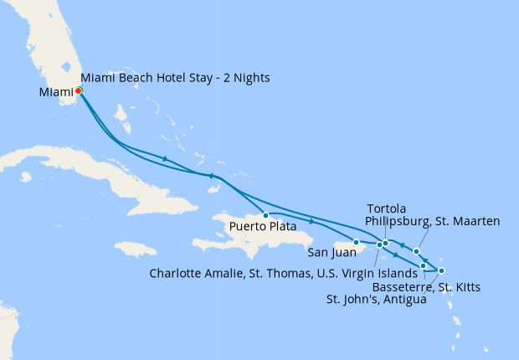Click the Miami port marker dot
78,90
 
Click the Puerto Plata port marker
266,215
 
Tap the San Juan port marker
356,243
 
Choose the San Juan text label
332,252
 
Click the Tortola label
387,208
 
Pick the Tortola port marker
385,244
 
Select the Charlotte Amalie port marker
378,245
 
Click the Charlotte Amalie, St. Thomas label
283,273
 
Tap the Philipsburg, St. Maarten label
433,221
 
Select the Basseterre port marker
424,266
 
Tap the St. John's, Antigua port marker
441,270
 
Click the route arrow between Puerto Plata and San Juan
311,222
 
